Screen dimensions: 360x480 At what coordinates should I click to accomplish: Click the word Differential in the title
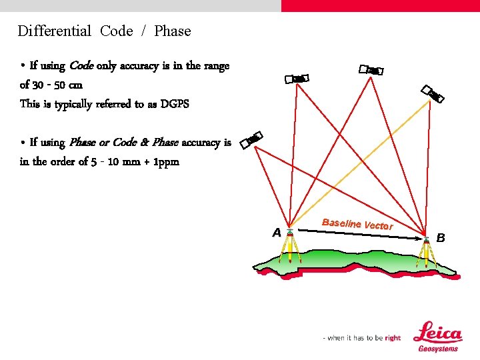[54, 31]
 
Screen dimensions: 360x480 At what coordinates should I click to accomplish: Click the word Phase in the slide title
[172, 31]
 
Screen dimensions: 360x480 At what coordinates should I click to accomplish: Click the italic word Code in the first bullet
[81, 66]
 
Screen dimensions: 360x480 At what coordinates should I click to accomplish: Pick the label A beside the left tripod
[277, 233]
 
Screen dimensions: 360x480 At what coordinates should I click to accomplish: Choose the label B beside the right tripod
[440, 237]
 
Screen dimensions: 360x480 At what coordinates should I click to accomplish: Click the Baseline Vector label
[357, 224]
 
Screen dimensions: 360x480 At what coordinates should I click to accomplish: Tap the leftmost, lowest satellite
[251, 139]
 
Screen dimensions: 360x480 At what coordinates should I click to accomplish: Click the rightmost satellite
[432, 94]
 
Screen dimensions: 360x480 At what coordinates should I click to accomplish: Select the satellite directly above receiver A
[297, 79]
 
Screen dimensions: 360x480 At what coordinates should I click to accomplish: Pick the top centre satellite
[371, 69]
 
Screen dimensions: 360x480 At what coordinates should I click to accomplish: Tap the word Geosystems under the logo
[438, 349]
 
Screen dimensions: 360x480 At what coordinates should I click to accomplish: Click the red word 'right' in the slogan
[393, 338]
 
